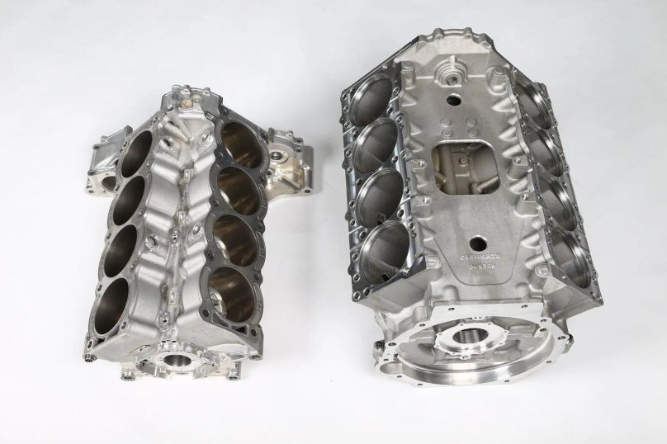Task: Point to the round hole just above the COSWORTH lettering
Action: point(476,243)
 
